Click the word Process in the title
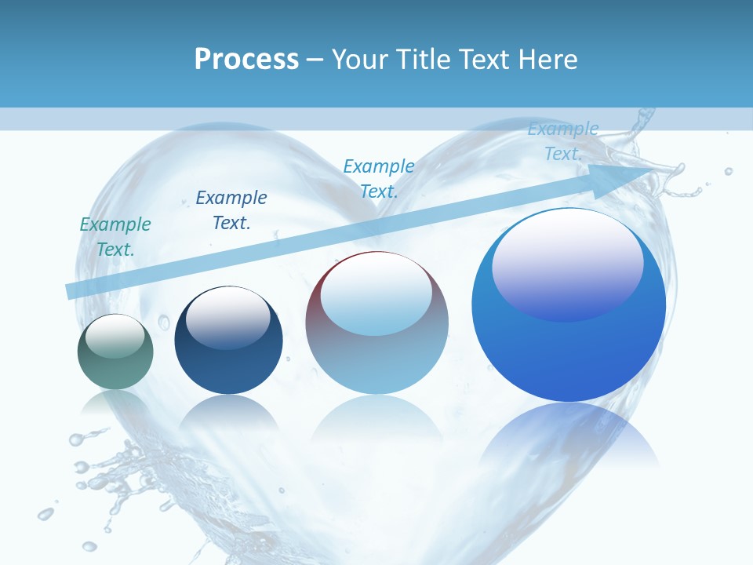[246, 59]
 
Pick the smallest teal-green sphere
[115, 352]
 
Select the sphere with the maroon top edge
[376, 323]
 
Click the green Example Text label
[115, 237]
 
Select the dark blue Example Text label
[231, 210]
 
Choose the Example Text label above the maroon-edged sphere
[379, 179]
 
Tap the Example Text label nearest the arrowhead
[563, 141]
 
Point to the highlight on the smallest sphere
[115, 336]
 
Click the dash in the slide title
[315, 60]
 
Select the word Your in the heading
[357, 59]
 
